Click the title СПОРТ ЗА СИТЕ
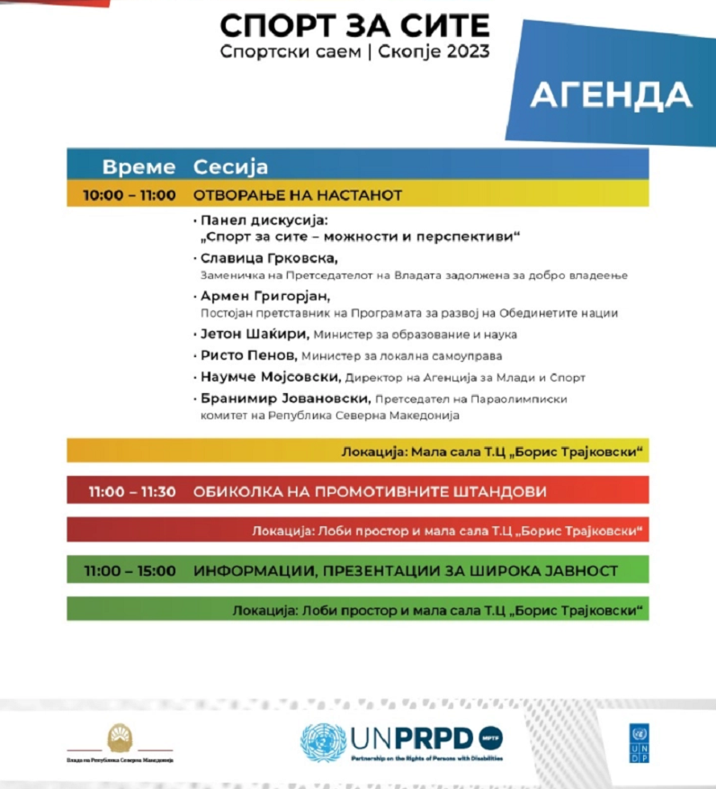point(354,24)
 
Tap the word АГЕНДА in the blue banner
point(611,94)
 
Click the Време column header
point(139,166)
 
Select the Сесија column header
point(230,166)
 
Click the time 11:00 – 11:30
point(131,492)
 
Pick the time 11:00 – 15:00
point(131,570)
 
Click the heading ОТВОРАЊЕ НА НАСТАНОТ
point(297,194)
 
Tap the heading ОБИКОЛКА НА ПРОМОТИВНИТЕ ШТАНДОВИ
point(370,492)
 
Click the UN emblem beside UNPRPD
point(323,741)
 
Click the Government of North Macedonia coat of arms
point(120,739)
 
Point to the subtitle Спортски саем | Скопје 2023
point(354,51)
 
